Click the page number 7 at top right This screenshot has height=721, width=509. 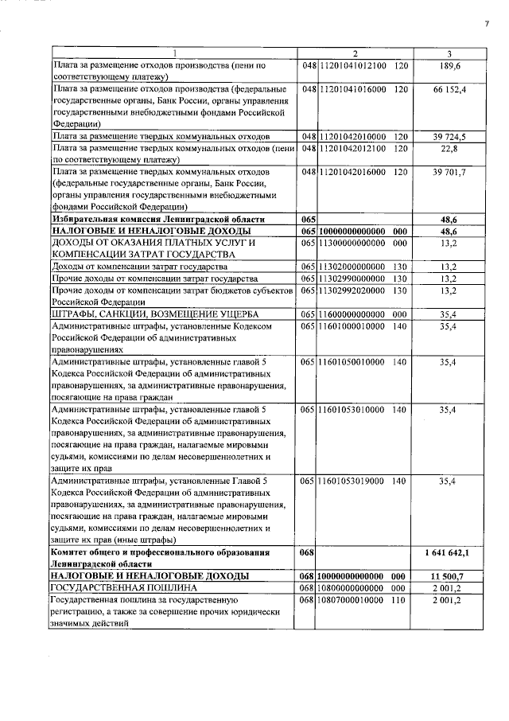(486, 24)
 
